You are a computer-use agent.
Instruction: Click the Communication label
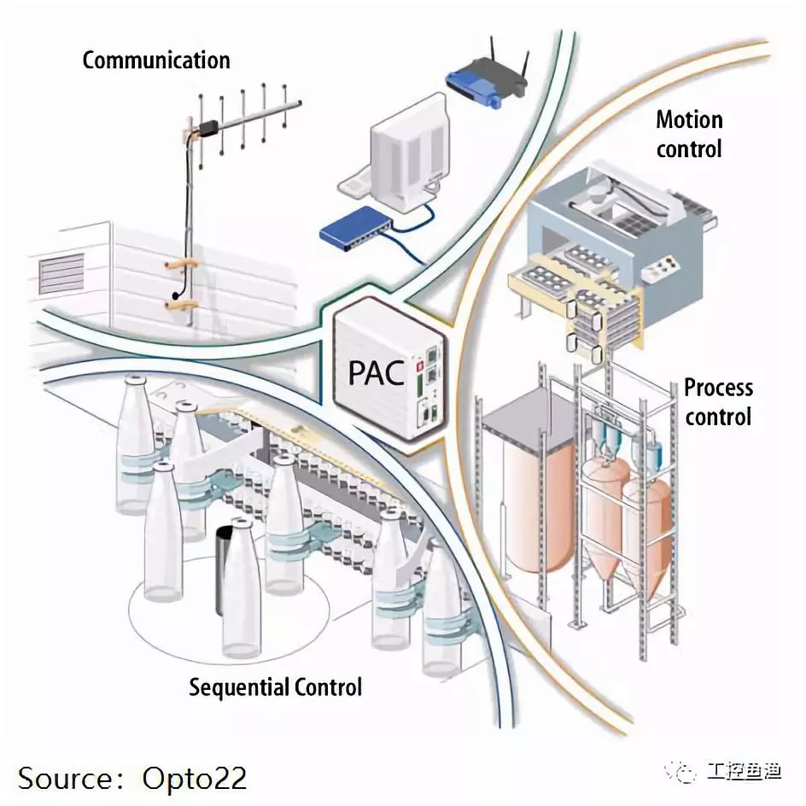[155, 61]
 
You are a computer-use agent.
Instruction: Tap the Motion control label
[688, 133]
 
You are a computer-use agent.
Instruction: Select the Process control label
[717, 401]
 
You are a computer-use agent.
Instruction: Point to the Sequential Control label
[275, 686]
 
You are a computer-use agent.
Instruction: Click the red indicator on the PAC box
[419, 366]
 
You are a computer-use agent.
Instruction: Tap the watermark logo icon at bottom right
[686, 772]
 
